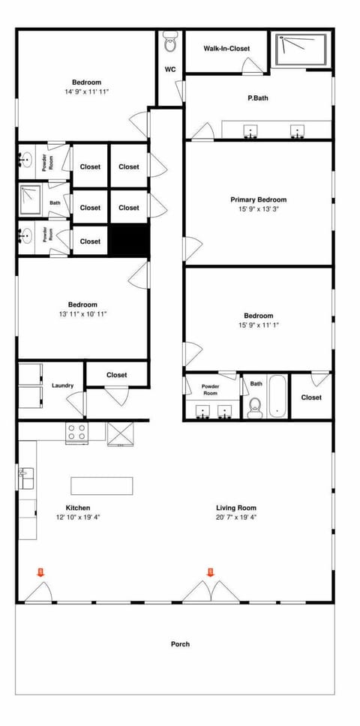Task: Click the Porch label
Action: pos(180,643)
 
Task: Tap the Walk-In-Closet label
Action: pos(226,49)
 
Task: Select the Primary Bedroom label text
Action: pos(258,199)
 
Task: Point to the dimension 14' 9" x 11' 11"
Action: pos(87,92)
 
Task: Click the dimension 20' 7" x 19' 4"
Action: pos(237,517)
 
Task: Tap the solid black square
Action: pos(130,240)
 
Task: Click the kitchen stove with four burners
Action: pos(76,432)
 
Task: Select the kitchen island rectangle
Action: pos(102,484)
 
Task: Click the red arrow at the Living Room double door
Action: pos(211,572)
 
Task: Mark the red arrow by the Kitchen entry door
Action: pos(40,572)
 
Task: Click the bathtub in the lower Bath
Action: pos(277,397)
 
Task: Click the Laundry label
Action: pos(63,385)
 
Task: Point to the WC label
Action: pos(170,70)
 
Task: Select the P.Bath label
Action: pos(258,97)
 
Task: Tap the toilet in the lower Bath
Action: pos(254,406)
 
